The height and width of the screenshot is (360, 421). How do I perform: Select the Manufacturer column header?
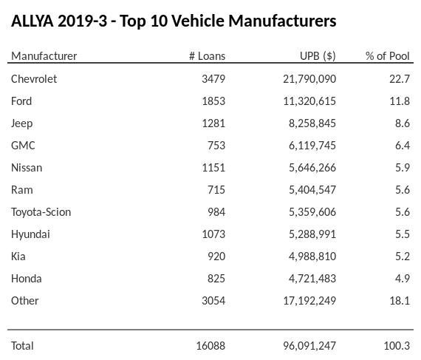click(44, 56)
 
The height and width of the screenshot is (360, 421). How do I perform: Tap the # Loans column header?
click(207, 56)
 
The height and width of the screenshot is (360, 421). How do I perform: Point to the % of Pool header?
click(388, 56)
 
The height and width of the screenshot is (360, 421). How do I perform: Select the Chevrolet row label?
click(34, 78)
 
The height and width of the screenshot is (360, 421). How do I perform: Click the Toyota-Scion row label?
click(41, 212)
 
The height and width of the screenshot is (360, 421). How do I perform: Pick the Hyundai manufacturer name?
click(31, 234)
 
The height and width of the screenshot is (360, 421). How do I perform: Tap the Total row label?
click(22, 345)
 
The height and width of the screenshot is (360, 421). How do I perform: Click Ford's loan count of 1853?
click(213, 101)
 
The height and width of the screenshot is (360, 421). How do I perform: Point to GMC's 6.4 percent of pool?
click(403, 146)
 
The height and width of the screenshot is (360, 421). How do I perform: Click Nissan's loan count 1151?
click(213, 168)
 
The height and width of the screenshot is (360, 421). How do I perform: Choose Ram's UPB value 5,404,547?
click(311, 190)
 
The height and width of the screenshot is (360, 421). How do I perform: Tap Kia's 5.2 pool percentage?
click(403, 257)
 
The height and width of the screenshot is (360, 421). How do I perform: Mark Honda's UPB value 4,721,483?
click(311, 279)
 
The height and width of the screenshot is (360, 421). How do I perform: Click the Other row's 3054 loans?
click(213, 301)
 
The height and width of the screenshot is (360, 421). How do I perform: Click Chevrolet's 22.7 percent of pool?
click(400, 78)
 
